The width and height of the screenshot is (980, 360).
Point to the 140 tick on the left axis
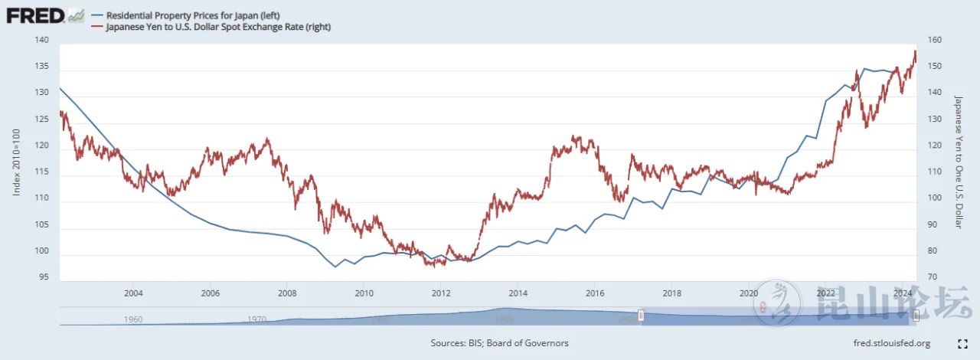tap(42, 41)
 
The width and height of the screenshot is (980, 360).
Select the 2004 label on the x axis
tap(133, 293)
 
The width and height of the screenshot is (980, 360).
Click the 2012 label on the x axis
tap(440, 293)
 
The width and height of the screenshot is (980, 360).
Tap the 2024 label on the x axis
tap(902, 293)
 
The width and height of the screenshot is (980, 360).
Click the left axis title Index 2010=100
tap(16, 162)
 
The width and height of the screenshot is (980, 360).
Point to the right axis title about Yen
tap(958, 162)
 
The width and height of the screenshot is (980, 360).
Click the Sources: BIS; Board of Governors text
tap(499, 343)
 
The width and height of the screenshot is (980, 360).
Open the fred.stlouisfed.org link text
tap(891, 343)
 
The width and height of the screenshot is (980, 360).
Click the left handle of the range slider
tap(642, 316)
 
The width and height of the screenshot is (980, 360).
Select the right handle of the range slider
tap(915, 316)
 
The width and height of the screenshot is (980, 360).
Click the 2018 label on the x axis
tap(671, 293)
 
